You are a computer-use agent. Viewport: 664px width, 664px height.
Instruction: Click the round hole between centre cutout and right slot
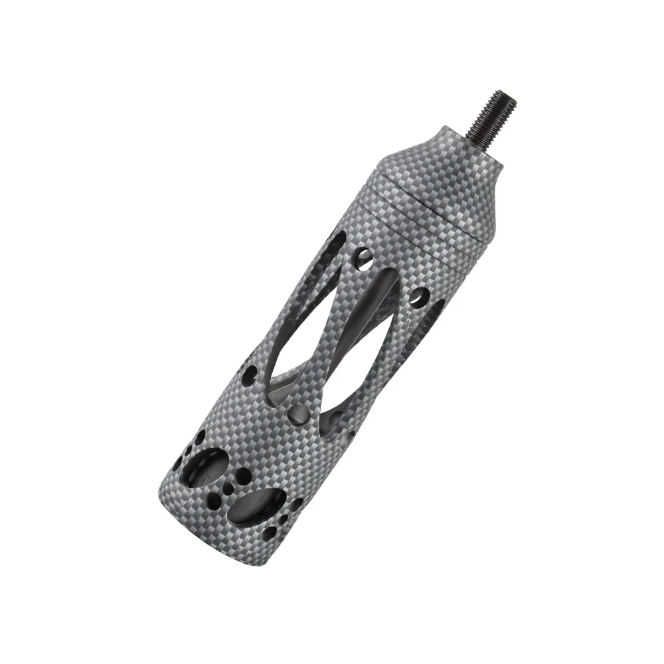pyautogui.click(x=419, y=297)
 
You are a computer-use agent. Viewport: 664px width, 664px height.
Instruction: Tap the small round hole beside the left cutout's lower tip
pyautogui.click(x=252, y=372)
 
